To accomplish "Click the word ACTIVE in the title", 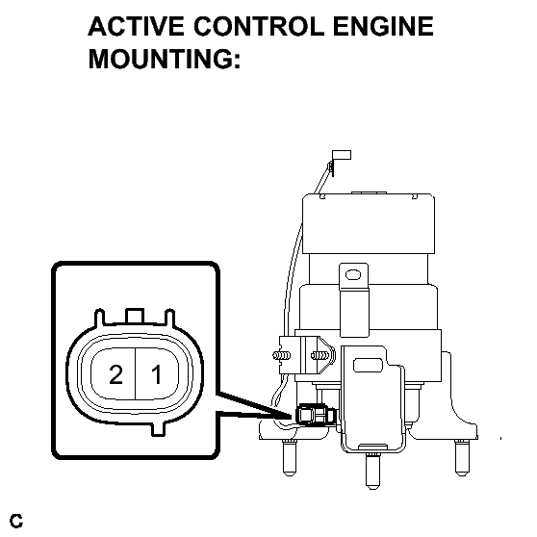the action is pos(137,26).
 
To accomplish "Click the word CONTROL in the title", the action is pos(259,26).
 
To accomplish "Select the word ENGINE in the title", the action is pos(384,26).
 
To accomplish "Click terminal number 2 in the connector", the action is pos(115,374).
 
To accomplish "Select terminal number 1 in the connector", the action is pos(157,374).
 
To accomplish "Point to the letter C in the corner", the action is pos(16,521).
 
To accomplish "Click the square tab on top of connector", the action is pos(136,316).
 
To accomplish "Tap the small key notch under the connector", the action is pos(158,429).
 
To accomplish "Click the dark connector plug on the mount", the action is pos(316,415).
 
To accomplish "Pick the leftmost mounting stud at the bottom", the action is pos(290,457).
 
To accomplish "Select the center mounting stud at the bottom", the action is pos(372,471).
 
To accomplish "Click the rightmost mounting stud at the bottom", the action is pos(461,458).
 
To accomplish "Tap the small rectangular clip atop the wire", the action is pos(342,155).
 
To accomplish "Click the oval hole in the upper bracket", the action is pos(353,274).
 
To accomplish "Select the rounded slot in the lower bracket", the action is pos(368,365).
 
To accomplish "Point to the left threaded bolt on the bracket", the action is pos(282,355).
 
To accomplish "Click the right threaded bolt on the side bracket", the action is pos(320,355).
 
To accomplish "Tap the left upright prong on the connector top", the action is pos(99,318).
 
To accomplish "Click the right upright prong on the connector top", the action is pos(170,318).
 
